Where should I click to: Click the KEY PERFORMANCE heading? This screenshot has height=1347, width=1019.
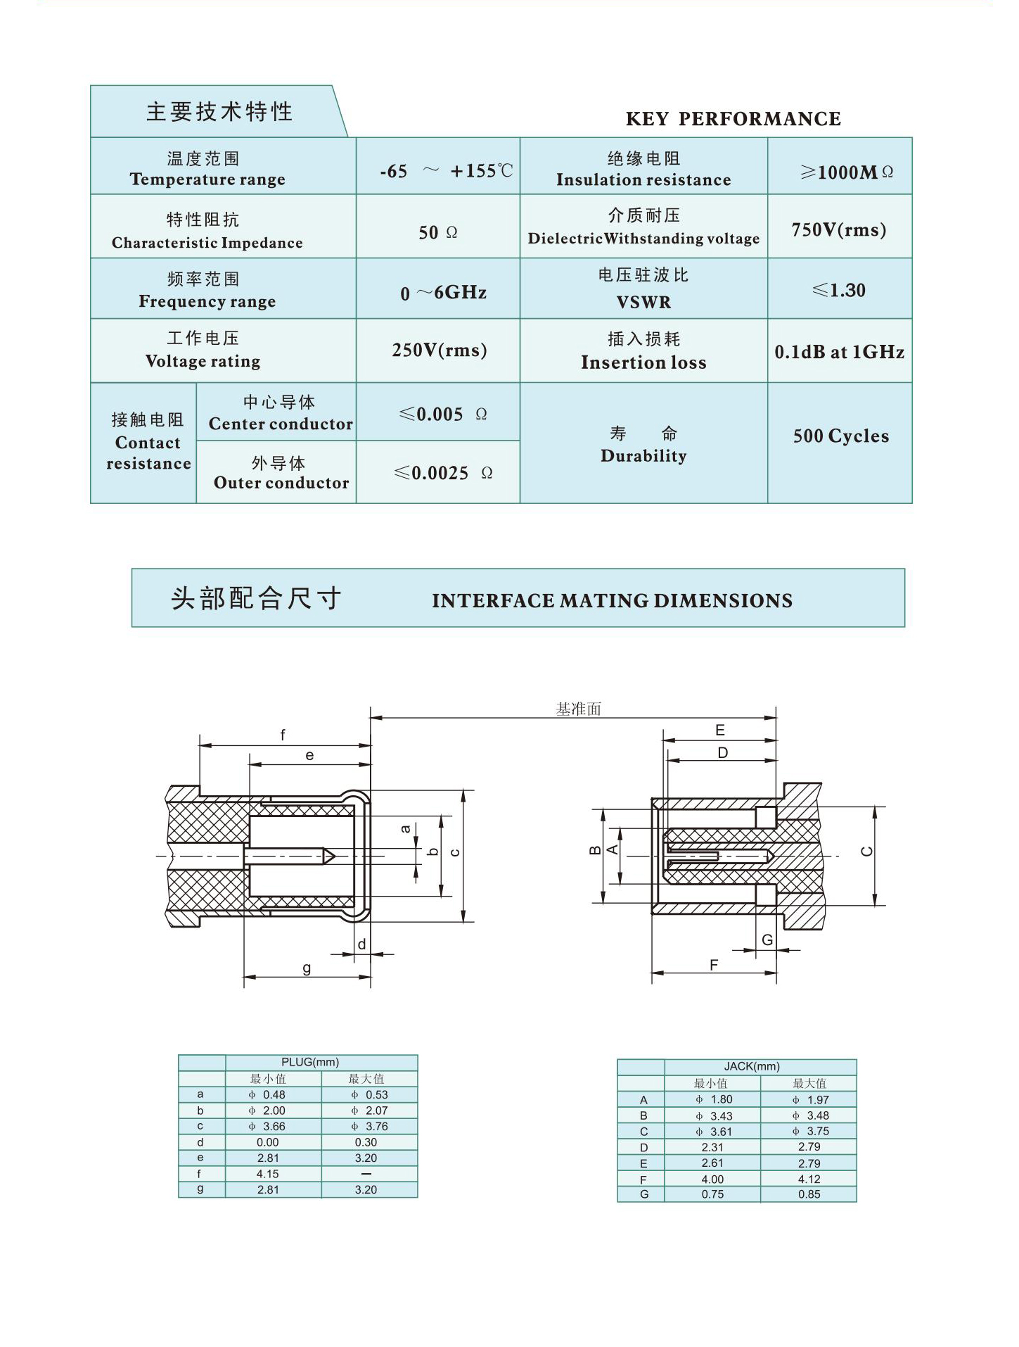pos(733,119)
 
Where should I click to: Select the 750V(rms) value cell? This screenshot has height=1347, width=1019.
pos(838,230)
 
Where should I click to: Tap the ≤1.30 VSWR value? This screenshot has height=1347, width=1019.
pos(838,290)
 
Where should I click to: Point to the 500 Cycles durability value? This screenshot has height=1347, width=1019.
pos(840,436)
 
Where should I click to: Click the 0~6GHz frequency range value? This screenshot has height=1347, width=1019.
pos(443,293)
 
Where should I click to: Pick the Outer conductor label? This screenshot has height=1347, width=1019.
pos(281,483)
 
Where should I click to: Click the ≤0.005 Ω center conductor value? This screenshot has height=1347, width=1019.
pos(442,415)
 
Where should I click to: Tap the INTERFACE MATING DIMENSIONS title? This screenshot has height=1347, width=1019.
pos(612,601)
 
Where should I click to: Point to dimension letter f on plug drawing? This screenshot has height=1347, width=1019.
pos(283,735)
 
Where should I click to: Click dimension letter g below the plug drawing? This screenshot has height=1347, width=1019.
pos(307,968)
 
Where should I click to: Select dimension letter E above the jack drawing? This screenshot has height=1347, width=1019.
pos(720,731)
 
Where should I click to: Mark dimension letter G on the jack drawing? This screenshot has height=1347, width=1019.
pos(767,940)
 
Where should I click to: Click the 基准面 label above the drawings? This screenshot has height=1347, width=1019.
pos(579,709)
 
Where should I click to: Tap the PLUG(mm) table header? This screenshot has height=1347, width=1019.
pos(310,1062)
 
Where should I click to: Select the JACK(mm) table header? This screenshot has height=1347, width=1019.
pos(752,1066)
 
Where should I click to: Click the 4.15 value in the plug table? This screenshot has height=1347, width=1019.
pos(267,1174)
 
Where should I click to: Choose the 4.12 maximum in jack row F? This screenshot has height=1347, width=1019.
pos(809,1179)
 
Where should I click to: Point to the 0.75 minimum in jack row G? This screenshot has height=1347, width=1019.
pos(712,1194)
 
